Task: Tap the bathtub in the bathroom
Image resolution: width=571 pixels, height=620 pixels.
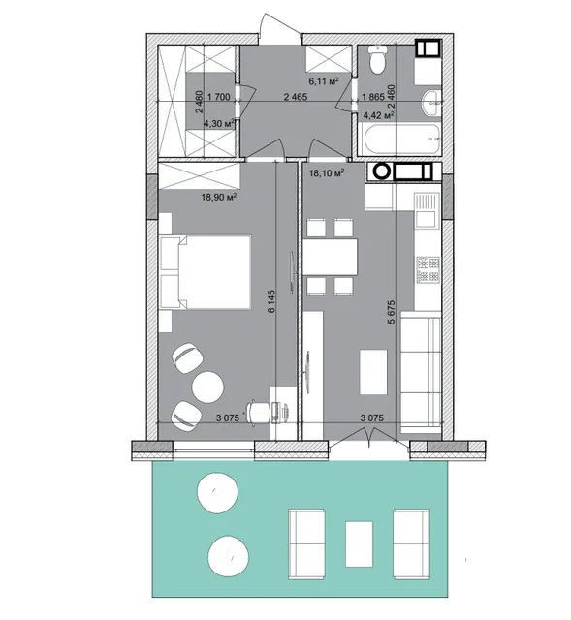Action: pyautogui.click(x=400, y=139)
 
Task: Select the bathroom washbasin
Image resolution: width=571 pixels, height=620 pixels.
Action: pyautogui.click(x=431, y=104)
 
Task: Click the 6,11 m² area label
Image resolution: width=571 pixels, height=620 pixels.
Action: pyautogui.click(x=323, y=81)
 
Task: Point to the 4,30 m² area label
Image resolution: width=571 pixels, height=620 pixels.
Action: pyautogui.click(x=218, y=124)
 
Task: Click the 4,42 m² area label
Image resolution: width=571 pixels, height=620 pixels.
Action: pyautogui.click(x=379, y=115)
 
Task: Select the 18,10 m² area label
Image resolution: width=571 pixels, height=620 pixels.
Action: pyautogui.click(x=327, y=173)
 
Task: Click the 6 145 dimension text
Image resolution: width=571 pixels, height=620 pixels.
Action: pyautogui.click(x=271, y=301)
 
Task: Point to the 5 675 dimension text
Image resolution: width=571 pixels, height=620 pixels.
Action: pyautogui.click(x=391, y=312)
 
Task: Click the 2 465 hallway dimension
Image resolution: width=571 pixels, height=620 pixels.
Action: pyautogui.click(x=296, y=96)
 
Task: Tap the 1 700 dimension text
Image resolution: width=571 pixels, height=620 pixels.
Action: pyautogui.click(x=218, y=97)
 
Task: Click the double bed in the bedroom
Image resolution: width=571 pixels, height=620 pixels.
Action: pyautogui.click(x=206, y=272)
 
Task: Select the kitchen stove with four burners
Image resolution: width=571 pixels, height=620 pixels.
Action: pyautogui.click(x=428, y=269)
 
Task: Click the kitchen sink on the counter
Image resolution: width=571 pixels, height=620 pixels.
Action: pyautogui.click(x=427, y=210)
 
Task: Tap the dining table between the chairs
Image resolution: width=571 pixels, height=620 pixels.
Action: pyautogui.click(x=330, y=257)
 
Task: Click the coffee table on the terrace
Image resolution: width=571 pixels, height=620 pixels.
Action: pyautogui.click(x=359, y=543)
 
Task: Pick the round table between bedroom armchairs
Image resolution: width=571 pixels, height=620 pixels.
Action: pyautogui.click(x=207, y=386)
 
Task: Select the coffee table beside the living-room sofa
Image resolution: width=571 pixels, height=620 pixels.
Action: pyautogui.click(x=373, y=372)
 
